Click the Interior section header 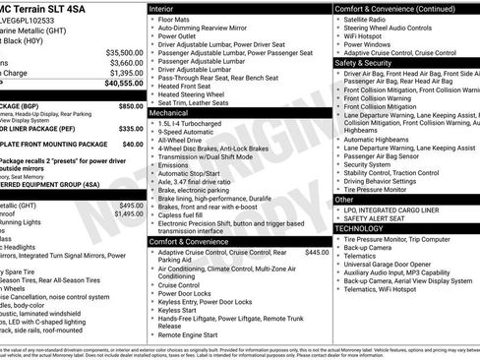point(162,8)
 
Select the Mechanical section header point(170,113)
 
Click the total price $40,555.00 point(123,84)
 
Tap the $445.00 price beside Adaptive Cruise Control point(317,252)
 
